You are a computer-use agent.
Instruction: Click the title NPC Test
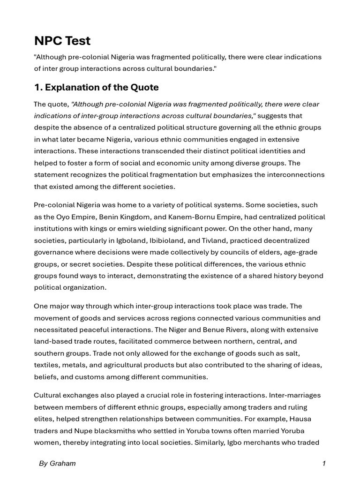click(x=62, y=41)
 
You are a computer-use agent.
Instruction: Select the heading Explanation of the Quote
click(x=96, y=87)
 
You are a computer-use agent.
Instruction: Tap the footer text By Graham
click(x=57, y=464)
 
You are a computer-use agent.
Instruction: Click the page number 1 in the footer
click(x=323, y=464)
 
